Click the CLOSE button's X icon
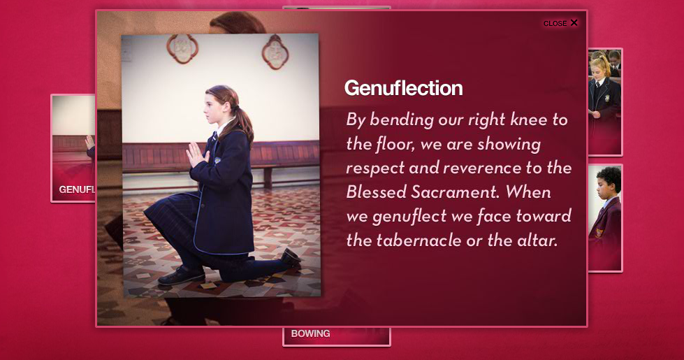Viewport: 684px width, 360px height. [x=574, y=22]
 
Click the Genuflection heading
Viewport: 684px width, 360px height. [x=404, y=88]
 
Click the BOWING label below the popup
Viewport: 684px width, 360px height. [x=311, y=334]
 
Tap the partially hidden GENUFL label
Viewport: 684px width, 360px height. [x=77, y=190]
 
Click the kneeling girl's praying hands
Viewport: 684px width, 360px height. [x=196, y=154]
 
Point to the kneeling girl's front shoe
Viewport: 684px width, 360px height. [x=180, y=275]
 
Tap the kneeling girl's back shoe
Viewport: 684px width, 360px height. [x=291, y=257]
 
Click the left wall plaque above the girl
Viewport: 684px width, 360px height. [x=182, y=49]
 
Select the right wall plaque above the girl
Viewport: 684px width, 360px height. [x=275, y=52]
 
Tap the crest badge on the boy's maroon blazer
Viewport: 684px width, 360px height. [x=599, y=232]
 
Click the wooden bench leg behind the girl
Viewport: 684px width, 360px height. [x=268, y=178]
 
